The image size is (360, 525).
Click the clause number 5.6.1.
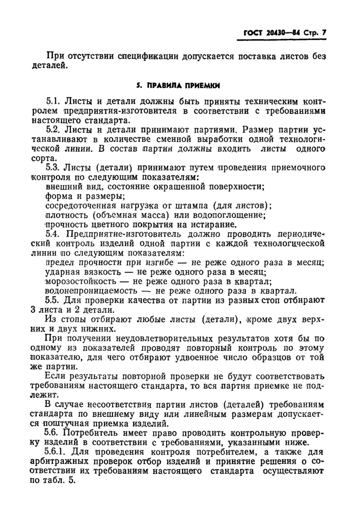point(58,452)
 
